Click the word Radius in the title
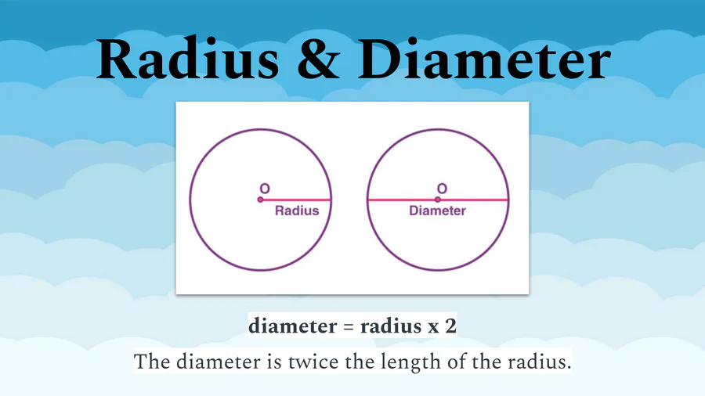[187, 59]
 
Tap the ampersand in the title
[318, 59]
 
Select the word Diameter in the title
[484, 59]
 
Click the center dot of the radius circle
[260, 200]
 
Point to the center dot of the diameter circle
[437, 200]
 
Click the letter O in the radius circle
[265, 189]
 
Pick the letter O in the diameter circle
[443, 189]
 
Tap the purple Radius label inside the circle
[297, 211]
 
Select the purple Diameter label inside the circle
[437, 211]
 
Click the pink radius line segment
[296, 200]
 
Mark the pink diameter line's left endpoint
[368, 200]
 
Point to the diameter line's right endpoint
[508, 200]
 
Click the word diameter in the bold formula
[293, 326]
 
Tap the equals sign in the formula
[349, 327]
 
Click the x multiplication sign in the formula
[433, 328]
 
